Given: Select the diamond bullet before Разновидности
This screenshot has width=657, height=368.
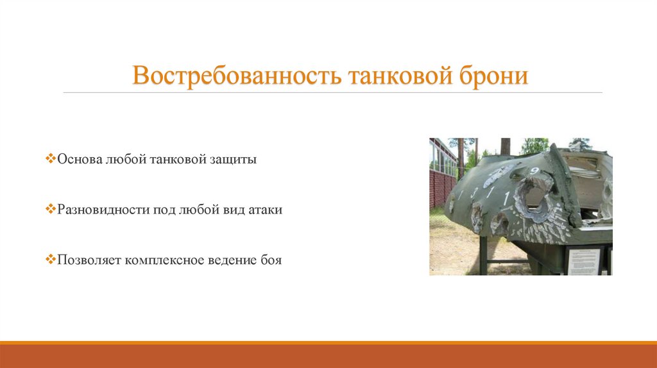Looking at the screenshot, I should (51, 210).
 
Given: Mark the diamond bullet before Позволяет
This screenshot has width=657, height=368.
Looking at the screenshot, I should (51, 260).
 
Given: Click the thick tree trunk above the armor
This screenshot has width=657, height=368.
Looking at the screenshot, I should (506, 146).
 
